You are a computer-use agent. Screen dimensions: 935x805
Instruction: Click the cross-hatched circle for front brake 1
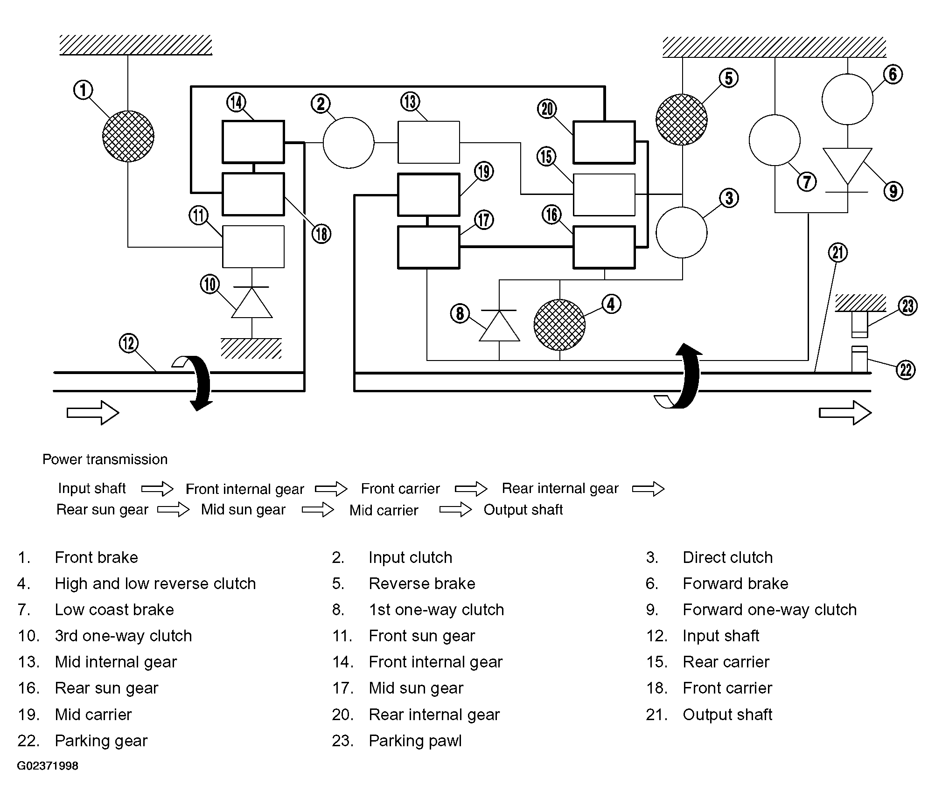pyautogui.click(x=128, y=136)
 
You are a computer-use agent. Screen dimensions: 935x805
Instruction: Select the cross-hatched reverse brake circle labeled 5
pyautogui.click(x=682, y=120)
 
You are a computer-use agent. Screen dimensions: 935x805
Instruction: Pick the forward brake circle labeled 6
pyautogui.click(x=847, y=99)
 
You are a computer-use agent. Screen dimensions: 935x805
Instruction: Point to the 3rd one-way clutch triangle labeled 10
pyautogui.click(x=252, y=302)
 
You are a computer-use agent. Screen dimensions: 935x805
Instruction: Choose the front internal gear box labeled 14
pyautogui.click(x=253, y=142)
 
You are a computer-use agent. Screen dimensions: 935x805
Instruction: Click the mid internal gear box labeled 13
pyautogui.click(x=429, y=142)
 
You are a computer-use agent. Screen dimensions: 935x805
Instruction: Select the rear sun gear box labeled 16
pyautogui.click(x=604, y=247)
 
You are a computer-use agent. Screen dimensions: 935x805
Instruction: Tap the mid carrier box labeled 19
pyautogui.click(x=429, y=194)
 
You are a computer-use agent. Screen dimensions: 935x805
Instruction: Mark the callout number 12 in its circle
pyautogui.click(x=129, y=343)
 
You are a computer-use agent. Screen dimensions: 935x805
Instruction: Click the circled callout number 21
pyautogui.click(x=838, y=252)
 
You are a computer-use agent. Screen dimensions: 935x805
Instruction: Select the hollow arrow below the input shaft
pyautogui.click(x=93, y=413)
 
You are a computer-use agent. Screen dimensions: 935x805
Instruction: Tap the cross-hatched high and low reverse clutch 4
pyautogui.click(x=559, y=325)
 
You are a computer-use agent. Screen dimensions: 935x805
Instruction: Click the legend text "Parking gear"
pyautogui.click(x=101, y=741)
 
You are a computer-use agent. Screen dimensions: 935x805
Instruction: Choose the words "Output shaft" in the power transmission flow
pyautogui.click(x=523, y=509)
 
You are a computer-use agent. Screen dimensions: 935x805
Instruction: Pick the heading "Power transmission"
pyautogui.click(x=105, y=459)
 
